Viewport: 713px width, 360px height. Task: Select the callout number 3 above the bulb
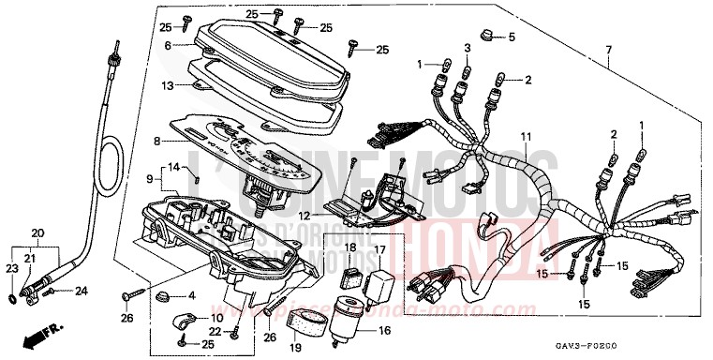coord(467,48)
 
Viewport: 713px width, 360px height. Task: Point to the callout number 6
coord(168,45)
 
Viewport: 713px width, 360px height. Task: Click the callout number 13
coord(168,85)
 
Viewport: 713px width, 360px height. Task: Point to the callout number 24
coord(82,291)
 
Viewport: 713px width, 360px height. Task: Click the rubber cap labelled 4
coord(162,297)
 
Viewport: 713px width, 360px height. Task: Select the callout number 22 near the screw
coord(214,332)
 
